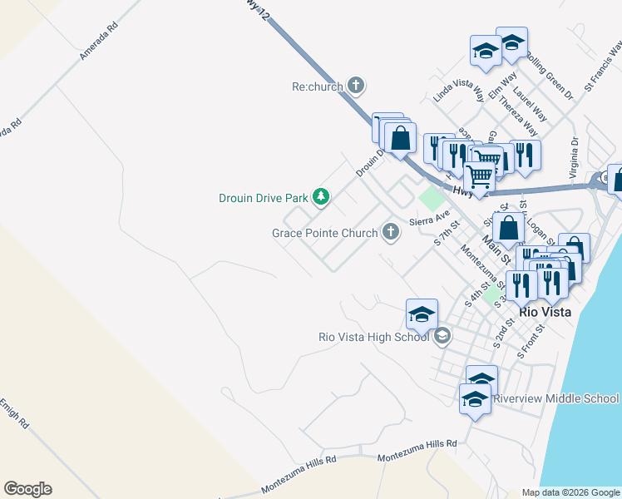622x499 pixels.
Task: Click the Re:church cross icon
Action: (x=356, y=85)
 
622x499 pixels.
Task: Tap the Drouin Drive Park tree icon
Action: (x=321, y=198)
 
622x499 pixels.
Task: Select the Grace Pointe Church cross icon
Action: (x=391, y=233)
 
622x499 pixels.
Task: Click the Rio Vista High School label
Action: (x=373, y=337)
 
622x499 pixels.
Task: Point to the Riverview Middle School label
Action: (x=555, y=398)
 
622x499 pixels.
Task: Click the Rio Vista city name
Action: (x=545, y=312)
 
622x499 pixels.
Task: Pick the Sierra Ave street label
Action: (x=429, y=218)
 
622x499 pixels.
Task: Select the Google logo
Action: (x=27, y=489)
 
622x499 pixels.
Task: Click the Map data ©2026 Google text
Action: (x=570, y=492)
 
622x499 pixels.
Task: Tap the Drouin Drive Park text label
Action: (x=263, y=198)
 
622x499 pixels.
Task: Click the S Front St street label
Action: (x=530, y=341)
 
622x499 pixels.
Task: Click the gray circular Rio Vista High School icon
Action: (x=442, y=336)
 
